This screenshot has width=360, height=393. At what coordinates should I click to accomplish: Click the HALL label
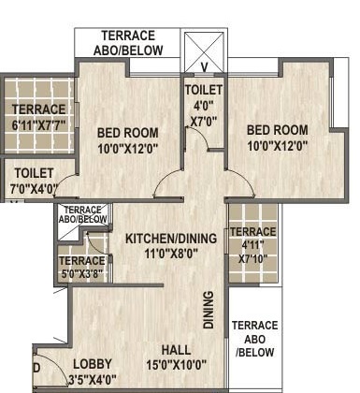pyautogui.click(x=176, y=350)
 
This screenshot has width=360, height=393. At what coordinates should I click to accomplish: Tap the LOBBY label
pyautogui.click(x=93, y=364)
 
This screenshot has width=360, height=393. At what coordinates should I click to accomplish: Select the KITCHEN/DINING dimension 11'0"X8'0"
pyautogui.click(x=171, y=254)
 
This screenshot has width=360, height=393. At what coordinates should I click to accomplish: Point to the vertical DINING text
pyautogui.click(x=209, y=310)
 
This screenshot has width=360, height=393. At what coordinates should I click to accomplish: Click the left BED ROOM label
pyautogui.click(x=128, y=133)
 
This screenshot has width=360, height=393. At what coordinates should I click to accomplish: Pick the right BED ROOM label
pyautogui.click(x=278, y=130)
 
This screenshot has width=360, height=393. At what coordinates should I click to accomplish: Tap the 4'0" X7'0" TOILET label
pyautogui.click(x=204, y=106)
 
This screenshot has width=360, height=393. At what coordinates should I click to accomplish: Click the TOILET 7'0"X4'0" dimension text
pyautogui.click(x=34, y=189)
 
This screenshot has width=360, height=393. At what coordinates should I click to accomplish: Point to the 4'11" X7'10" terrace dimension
pyautogui.click(x=253, y=252)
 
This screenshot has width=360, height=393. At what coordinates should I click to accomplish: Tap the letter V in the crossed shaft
pyautogui.click(x=204, y=67)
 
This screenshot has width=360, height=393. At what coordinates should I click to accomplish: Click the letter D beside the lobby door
pyautogui.click(x=36, y=369)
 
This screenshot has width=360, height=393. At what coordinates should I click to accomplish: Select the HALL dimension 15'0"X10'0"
pyautogui.click(x=177, y=365)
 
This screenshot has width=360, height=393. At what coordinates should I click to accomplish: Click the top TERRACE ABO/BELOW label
pyautogui.click(x=128, y=43)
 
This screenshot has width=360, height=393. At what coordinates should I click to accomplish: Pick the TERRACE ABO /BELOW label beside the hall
pyautogui.click(x=255, y=339)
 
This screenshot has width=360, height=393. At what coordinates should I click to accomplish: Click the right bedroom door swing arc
pyautogui.click(x=246, y=180)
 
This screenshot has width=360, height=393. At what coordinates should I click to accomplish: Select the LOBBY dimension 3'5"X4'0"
pyautogui.click(x=93, y=380)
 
